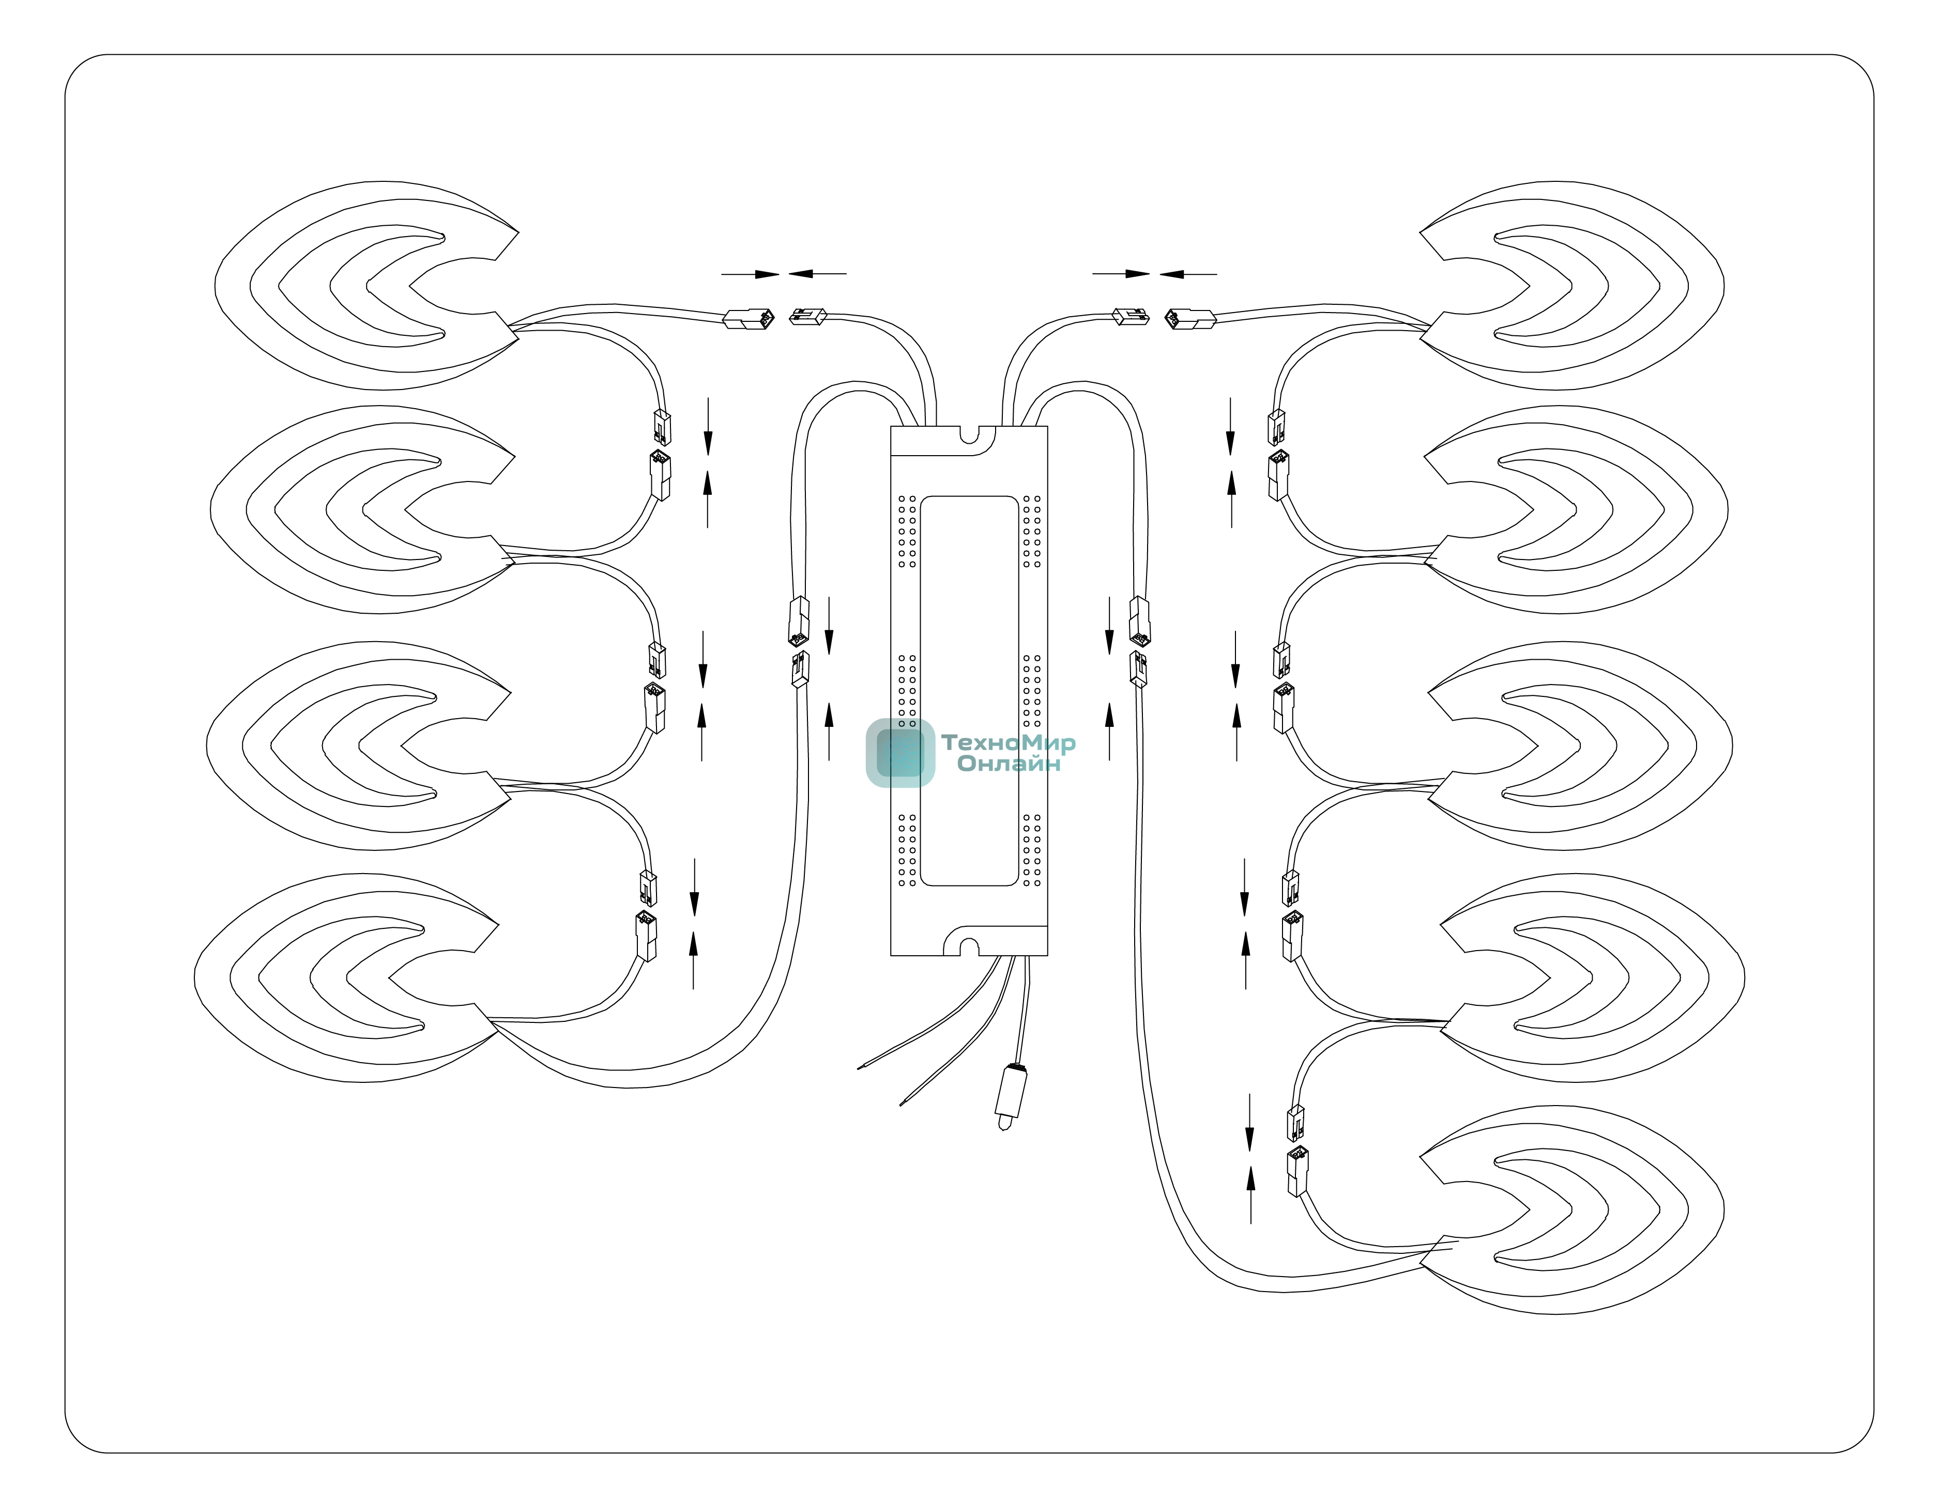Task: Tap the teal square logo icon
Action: click(900, 753)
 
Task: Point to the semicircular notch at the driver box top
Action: click(970, 435)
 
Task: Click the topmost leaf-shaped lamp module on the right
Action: click(1571, 286)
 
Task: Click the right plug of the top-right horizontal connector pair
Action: click(1189, 319)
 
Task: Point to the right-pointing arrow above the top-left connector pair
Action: click(750, 274)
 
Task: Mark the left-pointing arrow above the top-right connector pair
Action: click(1188, 274)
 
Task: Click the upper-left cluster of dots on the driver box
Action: click(907, 531)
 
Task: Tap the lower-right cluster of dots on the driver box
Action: click(1032, 849)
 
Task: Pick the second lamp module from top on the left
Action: click(363, 509)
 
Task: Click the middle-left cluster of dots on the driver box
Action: click(907, 691)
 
